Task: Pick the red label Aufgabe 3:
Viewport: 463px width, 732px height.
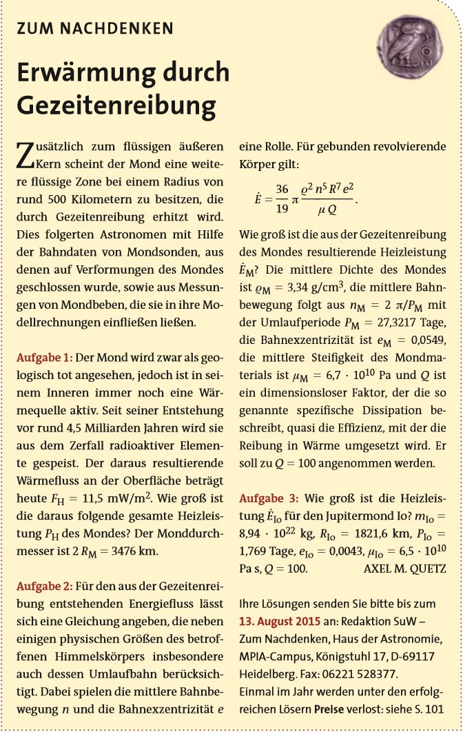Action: click(269, 498)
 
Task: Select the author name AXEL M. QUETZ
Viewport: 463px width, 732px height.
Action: click(404, 569)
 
